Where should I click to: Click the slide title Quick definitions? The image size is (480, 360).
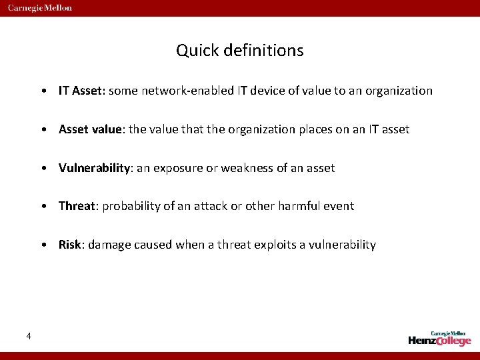240,51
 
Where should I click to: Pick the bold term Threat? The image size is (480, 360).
77,206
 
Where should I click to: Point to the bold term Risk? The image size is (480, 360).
70,245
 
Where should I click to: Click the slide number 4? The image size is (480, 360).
28,335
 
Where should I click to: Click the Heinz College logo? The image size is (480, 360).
439,338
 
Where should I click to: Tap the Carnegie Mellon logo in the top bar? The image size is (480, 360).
40,8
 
